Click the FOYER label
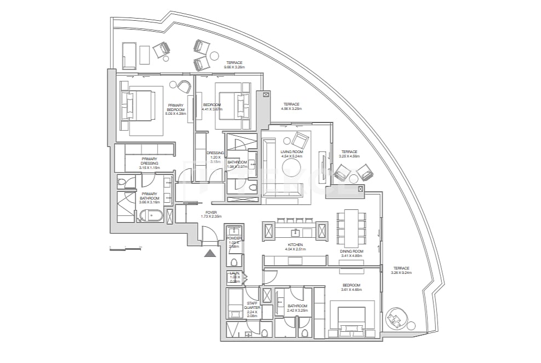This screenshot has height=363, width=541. click(x=211, y=212)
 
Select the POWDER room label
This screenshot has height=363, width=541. click(x=234, y=238)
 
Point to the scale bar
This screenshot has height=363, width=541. click(x=125, y=249)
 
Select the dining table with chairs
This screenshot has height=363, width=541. click(x=351, y=229)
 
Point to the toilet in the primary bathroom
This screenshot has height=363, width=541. click(x=122, y=181)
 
